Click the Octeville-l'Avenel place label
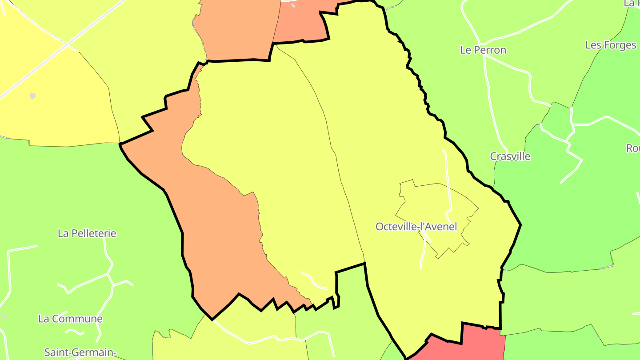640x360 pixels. pyautogui.click(x=416, y=227)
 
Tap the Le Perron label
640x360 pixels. pyautogui.click(x=483, y=50)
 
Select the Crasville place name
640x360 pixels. pyautogui.click(x=510, y=156)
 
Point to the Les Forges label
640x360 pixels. pyautogui.click(x=611, y=45)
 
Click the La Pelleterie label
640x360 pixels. pyautogui.click(x=87, y=233)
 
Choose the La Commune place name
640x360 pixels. pyautogui.click(x=70, y=319)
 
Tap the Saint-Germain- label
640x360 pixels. pyautogui.click(x=79, y=352)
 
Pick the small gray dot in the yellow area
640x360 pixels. pyautogui.click(x=32, y=96)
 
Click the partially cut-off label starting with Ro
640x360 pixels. pyautogui.click(x=633, y=148)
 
